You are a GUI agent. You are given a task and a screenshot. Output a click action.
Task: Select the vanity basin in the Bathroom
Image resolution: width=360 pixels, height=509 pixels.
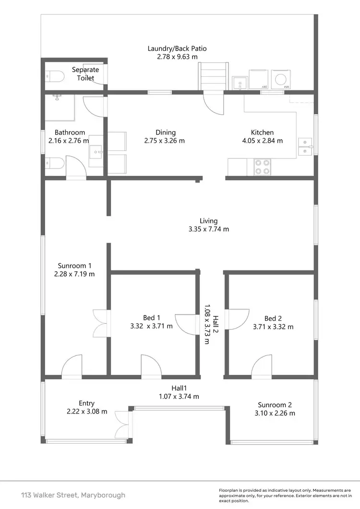pos(97,152)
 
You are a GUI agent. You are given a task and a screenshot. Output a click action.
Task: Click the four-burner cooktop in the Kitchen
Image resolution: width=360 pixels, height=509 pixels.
pos(262,166)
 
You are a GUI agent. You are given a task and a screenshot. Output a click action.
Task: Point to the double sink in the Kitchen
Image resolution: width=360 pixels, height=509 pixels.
pos(306,146)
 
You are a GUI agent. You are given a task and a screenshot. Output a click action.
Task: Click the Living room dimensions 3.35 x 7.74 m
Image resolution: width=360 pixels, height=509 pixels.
pos(209,230)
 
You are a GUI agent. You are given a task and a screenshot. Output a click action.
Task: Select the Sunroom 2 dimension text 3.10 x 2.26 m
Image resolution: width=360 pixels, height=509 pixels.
pos(276,413)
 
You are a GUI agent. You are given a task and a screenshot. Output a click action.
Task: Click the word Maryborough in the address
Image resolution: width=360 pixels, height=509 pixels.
pos(103,495)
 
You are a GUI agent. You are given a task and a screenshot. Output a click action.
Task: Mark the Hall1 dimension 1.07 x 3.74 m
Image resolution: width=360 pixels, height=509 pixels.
pos(179,397)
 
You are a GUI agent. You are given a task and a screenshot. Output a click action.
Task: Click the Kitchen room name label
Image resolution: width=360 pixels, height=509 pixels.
pos(262,133)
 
